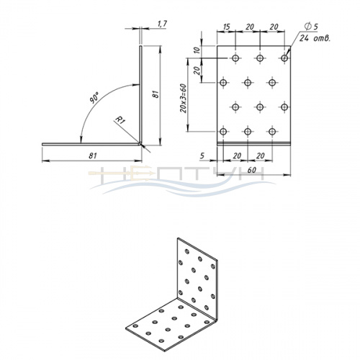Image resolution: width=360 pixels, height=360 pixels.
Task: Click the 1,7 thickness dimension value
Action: tap(162, 24)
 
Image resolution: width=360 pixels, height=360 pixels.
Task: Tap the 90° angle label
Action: tap(95, 97)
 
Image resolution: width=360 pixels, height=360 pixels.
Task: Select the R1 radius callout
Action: tap(120, 120)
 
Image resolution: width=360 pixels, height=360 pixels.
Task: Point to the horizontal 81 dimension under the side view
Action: tap(93, 156)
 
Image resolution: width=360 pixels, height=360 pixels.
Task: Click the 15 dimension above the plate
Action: tap(226, 27)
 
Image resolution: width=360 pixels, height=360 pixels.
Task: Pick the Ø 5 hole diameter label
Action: tap(311, 27)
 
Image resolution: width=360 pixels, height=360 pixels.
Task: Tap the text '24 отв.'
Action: tap(315, 38)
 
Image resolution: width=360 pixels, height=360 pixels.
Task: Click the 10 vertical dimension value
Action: tap(197, 50)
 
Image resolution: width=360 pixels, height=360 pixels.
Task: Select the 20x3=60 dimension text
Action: tap(183, 99)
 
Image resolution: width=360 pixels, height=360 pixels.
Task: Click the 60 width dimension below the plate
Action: tap(251, 170)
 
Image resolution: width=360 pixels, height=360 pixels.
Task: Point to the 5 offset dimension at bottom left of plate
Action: tap(202, 156)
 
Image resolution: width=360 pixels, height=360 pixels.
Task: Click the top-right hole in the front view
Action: tap(284, 58)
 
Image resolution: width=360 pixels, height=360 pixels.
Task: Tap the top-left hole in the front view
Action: tap(235, 58)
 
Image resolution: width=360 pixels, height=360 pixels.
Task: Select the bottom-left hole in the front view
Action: tap(223, 131)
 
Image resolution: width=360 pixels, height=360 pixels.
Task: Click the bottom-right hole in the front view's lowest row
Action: tap(272, 131)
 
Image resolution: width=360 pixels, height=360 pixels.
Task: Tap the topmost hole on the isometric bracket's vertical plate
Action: tap(186, 251)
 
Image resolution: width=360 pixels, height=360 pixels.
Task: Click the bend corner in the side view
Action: tap(140, 143)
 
